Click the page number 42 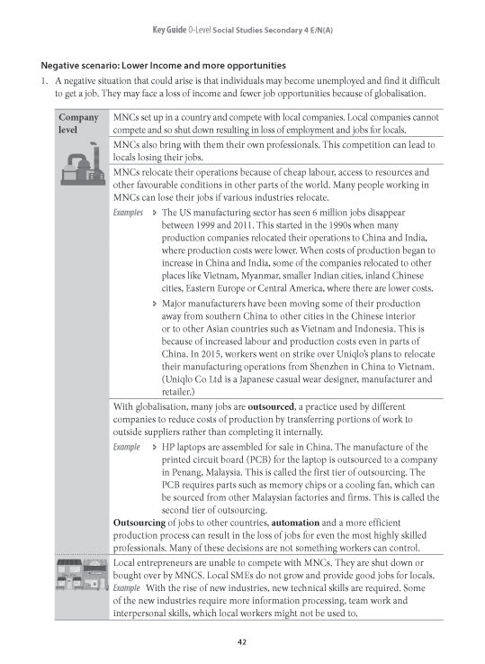(x=242, y=641)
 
